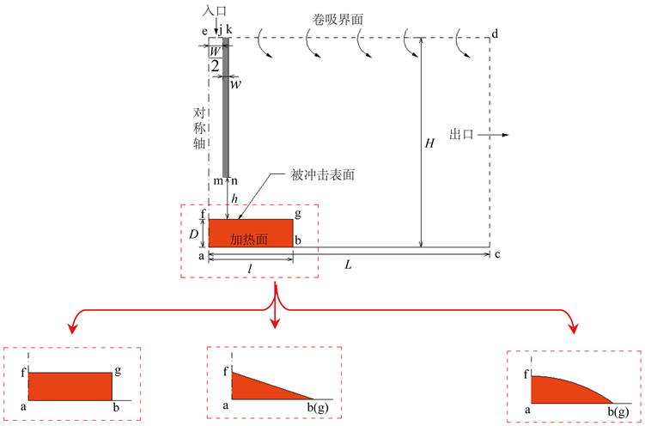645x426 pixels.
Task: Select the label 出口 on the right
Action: click(463, 135)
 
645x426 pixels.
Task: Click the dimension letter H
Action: click(430, 143)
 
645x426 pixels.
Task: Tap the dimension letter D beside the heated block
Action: click(194, 233)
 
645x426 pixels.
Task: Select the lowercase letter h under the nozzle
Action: click(235, 197)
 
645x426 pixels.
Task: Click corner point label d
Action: click(495, 34)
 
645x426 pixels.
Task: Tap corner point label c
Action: click(497, 255)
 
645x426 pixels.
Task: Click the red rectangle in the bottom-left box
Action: click(70, 386)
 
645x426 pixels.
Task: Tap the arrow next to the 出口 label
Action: click(498, 135)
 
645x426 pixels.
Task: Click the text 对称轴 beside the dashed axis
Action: click(198, 128)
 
